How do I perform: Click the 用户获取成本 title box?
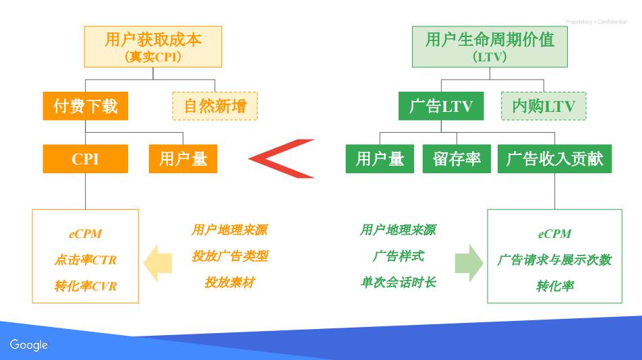153,46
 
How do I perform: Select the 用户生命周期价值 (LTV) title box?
490,46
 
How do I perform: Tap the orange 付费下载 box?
85,106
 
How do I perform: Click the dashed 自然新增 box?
215,106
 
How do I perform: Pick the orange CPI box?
85,158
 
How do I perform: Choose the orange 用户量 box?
183,158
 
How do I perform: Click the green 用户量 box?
380,158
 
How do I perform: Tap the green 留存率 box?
457,158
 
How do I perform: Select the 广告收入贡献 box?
554,158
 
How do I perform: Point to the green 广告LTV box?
441,106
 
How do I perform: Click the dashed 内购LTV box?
544,106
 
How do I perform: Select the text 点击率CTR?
85,260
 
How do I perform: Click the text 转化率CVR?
85,287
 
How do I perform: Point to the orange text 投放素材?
229,282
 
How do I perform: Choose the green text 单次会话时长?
398,282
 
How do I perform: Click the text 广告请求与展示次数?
554,260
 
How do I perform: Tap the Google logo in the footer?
29,344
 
